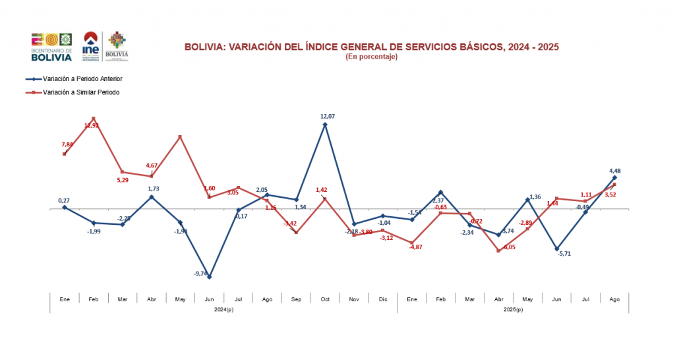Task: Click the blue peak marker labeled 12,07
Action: pos(325,124)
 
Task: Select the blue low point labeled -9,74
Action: pos(209,277)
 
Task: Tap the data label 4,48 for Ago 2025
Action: pos(614,171)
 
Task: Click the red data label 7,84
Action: pos(68,144)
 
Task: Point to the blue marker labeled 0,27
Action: pos(65,207)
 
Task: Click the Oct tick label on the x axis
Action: pos(325,299)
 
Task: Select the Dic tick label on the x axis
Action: pos(383,299)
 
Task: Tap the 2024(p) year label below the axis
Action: pos(223,309)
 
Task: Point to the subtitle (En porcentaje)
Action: pos(371,57)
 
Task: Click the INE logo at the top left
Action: pos(92,46)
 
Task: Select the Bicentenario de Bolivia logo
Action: pos(51,46)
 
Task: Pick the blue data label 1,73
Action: pos(154,189)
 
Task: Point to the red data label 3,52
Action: pos(610,195)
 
